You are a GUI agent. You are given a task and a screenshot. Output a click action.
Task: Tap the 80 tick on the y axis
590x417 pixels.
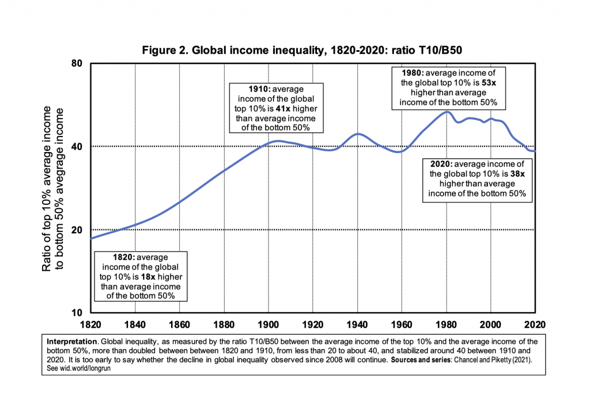[77, 63]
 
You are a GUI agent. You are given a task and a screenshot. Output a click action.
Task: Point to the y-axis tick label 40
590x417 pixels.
[77, 147]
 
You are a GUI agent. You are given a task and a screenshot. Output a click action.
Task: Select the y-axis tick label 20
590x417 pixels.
[77, 230]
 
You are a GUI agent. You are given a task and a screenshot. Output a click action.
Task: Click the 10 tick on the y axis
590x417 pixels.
[77, 313]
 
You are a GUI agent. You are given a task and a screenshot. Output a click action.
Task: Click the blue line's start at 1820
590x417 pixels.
[91, 238]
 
